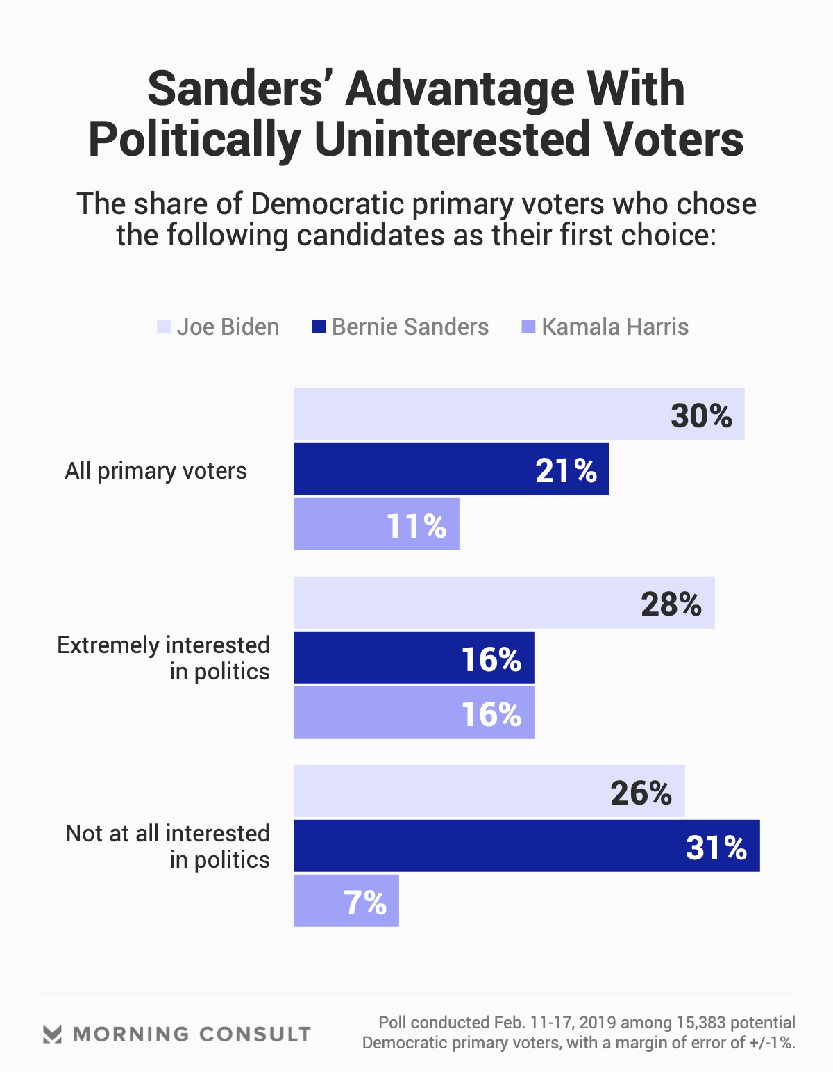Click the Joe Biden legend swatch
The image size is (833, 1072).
pyautogui.click(x=164, y=327)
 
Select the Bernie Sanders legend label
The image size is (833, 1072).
pyautogui.click(x=410, y=327)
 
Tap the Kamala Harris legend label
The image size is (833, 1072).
pyautogui.click(x=615, y=327)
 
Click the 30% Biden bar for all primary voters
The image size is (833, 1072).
pyautogui.click(x=519, y=414)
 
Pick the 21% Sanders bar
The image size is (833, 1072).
pyautogui.click(x=451, y=469)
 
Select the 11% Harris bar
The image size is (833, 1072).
pyautogui.click(x=376, y=524)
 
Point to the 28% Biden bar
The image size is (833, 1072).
pyautogui.click(x=504, y=602)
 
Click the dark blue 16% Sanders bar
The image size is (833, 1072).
pyautogui.click(x=414, y=657)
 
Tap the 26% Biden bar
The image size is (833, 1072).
pyautogui.click(x=489, y=791)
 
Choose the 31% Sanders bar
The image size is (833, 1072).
pyautogui.click(x=526, y=846)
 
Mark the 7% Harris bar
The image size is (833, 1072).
pyautogui.click(x=346, y=900)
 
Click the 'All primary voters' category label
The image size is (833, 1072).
pyautogui.click(x=155, y=471)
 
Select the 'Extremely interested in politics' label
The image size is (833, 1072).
pyautogui.click(x=164, y=658)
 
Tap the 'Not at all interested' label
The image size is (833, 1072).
pyautogui.click(x=168, y=846)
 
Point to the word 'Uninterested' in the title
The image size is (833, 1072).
pyautogui.click(x=452, y=140)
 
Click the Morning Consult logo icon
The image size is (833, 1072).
pyautogui.click(x=52, y=1034)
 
